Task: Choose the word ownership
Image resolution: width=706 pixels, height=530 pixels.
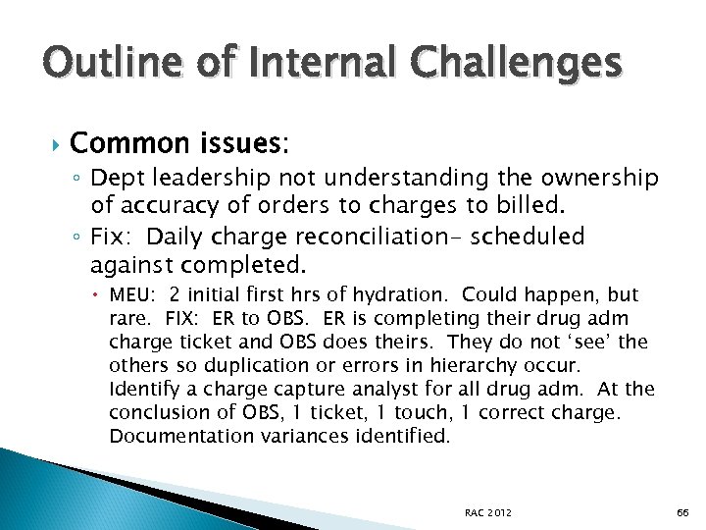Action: [x=594, y=178]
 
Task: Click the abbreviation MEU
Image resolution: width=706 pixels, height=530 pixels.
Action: [x=132, y=295]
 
